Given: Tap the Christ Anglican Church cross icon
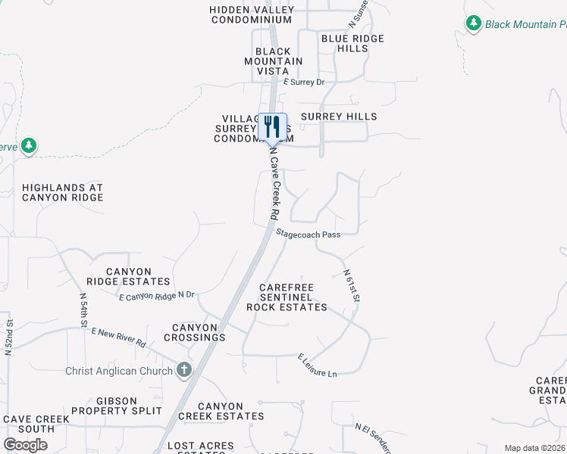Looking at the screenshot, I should [183, 370].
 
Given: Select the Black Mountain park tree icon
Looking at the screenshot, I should [474, 24].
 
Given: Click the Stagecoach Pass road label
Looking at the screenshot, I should [307, 235].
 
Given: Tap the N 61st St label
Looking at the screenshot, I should [351, 286].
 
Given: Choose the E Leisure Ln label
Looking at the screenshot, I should [317, 364].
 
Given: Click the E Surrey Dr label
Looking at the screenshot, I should [303, 82].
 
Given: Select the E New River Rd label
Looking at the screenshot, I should [118, 337].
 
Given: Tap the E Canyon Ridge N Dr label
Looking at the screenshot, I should [157, 295].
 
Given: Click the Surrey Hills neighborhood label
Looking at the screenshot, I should [339, 117].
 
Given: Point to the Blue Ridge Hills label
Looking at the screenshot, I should [352, 43].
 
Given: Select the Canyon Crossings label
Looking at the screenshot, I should [194, 332].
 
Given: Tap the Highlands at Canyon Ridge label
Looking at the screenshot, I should [62, 192].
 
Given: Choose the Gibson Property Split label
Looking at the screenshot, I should [129, 406].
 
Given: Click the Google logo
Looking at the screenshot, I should [25, 445].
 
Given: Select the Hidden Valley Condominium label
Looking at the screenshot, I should [251, 14].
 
